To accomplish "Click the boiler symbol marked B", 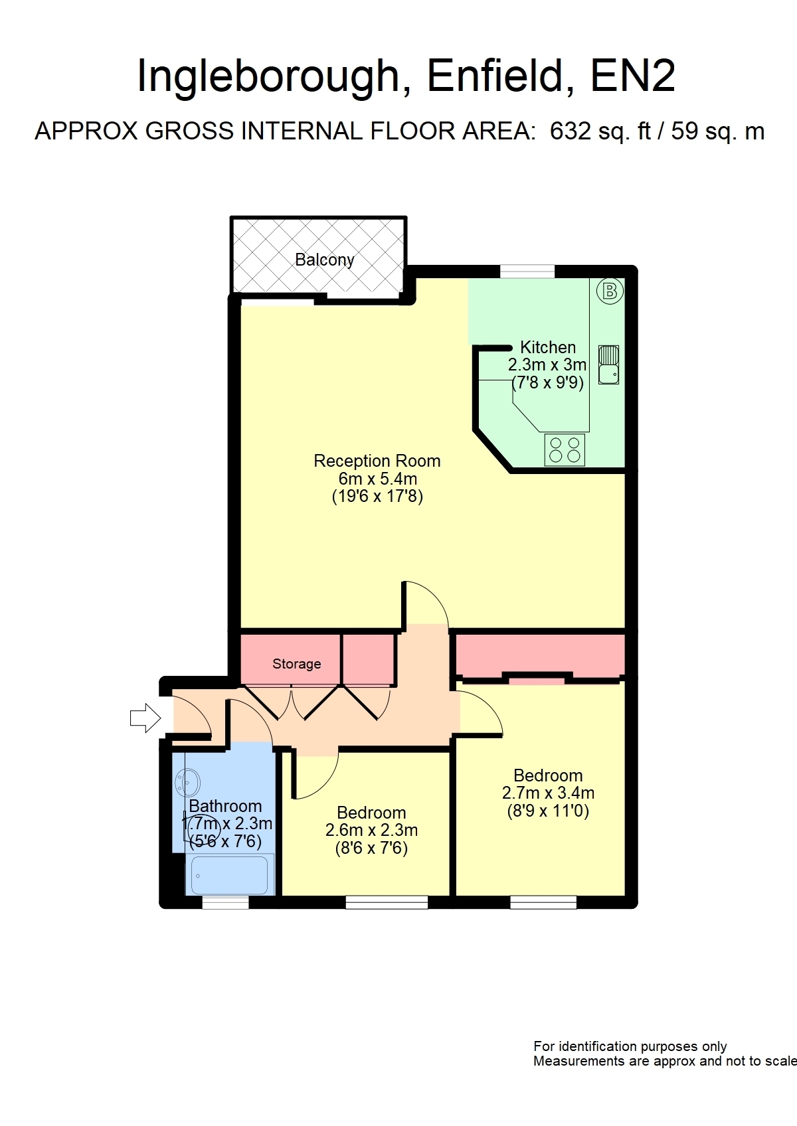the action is pos(610,291).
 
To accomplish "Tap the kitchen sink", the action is pos(608,365).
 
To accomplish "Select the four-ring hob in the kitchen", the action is pos(565,449).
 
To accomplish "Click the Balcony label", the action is pos(325,260).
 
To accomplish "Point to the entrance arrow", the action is pos(145,718).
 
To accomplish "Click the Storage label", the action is pos(297,663).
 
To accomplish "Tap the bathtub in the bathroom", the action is pos(230,874).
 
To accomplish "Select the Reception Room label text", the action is pos(377,461).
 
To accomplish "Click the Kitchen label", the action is pos(547,347).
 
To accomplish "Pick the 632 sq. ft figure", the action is pos(601,131).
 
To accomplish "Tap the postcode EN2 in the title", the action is pos(632,76).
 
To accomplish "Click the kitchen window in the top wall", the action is pos(527,272).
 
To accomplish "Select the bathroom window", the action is pos(225,902).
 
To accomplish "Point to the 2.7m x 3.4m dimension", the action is pos(548,793).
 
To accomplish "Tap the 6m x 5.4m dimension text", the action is pos(378,479).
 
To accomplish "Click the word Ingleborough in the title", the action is pos(268,76).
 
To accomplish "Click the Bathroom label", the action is pos(225,806).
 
